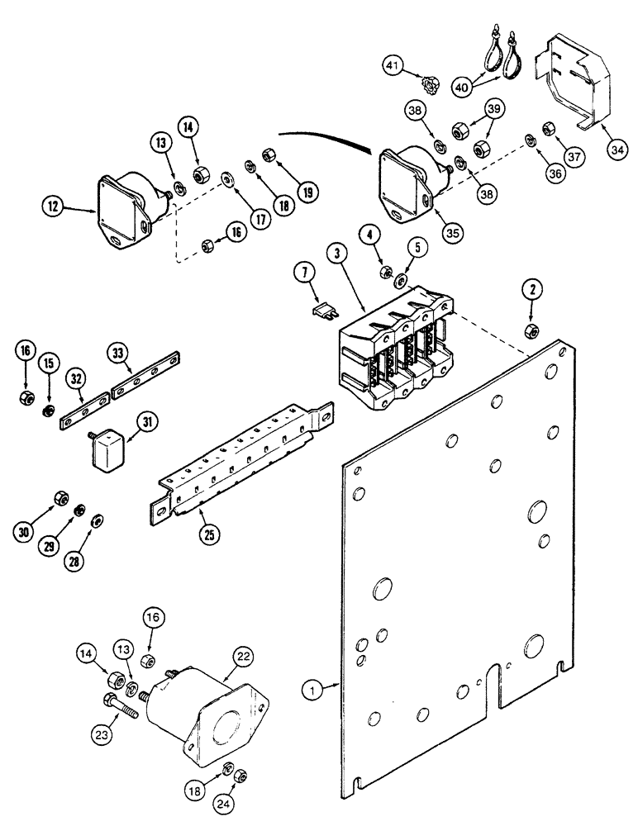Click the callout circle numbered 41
(x=393, y=64)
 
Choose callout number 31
(x=146, y=422)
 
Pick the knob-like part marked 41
(x=428, y=83)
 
